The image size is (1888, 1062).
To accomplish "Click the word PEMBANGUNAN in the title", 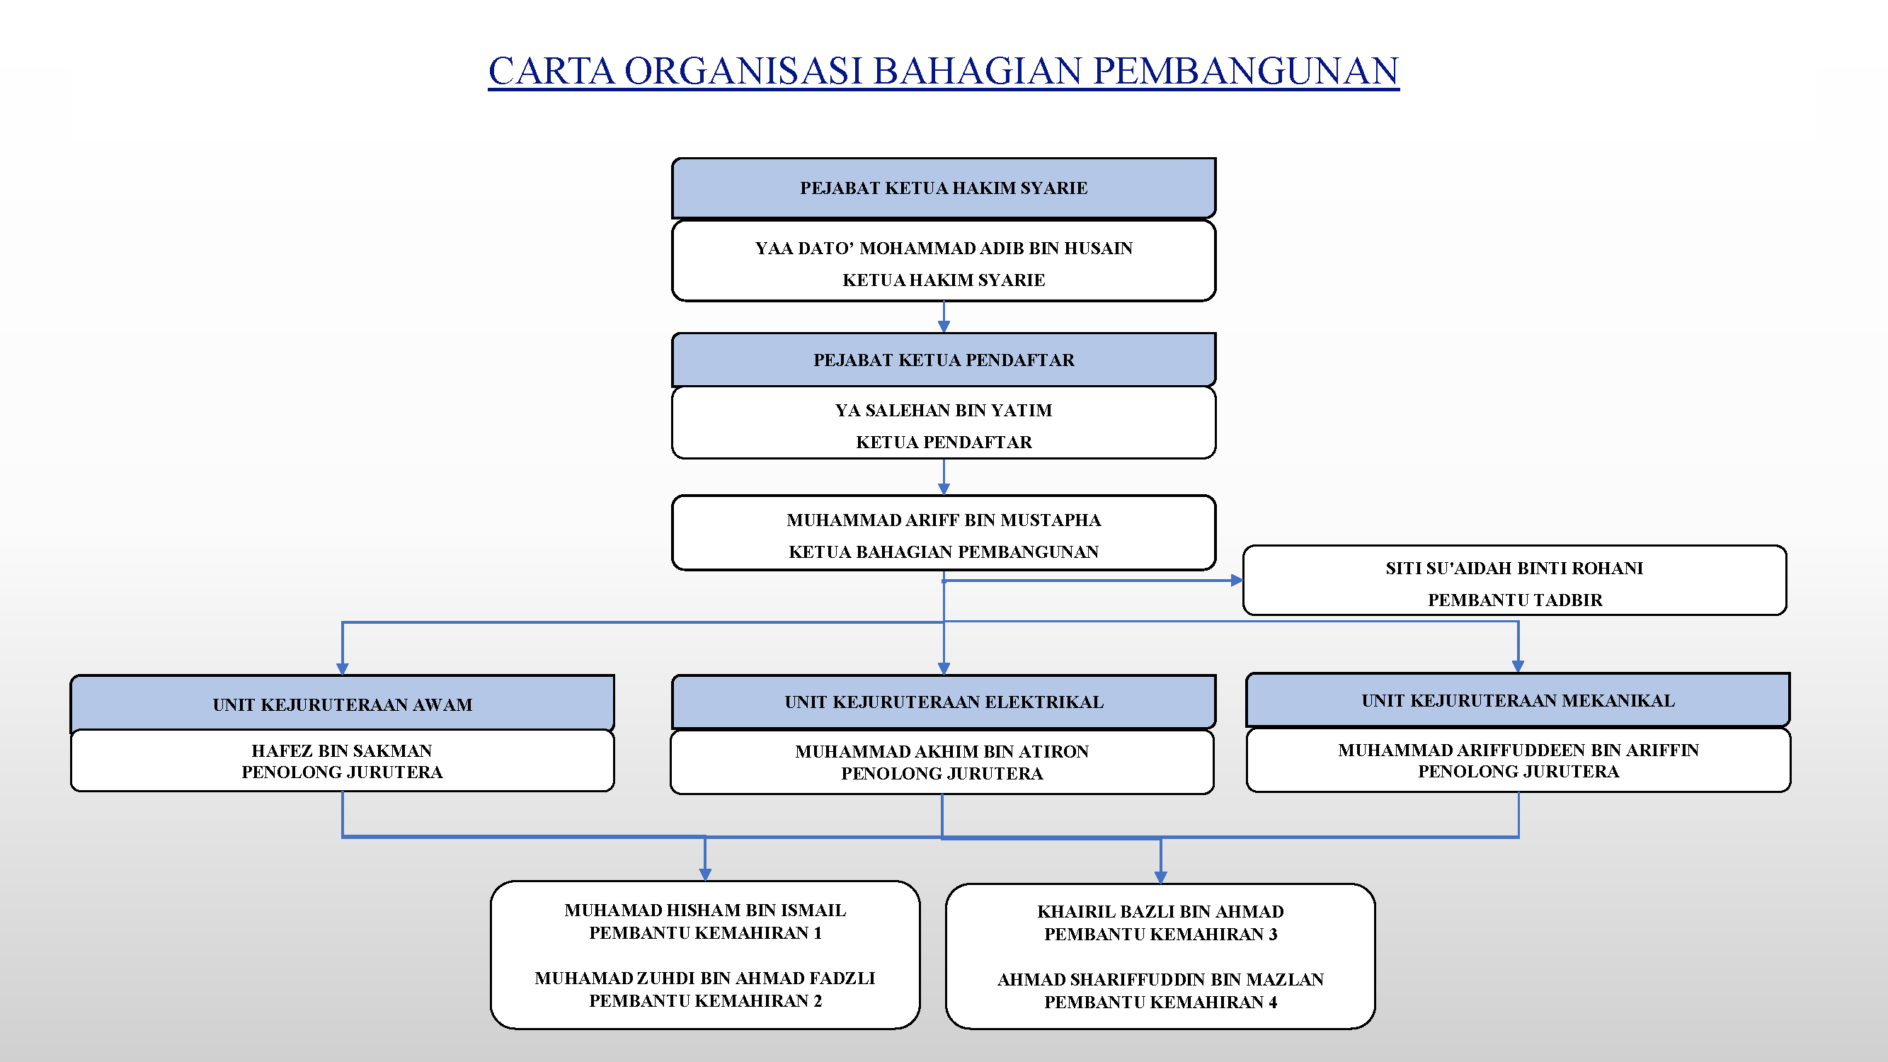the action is (x=1246, y=70).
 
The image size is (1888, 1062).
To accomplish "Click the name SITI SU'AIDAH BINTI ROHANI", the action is (x=1514, y=568).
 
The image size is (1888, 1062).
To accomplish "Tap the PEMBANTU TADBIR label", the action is (x=1515, y=600).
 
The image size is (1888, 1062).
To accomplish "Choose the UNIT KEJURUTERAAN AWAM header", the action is (x=342, y=704).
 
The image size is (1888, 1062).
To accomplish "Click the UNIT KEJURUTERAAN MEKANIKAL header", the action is (x=1518, y=700).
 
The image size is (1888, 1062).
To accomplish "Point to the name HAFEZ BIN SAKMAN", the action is (x=341, y=750).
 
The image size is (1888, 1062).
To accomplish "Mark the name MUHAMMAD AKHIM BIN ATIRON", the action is (x=942, y=751).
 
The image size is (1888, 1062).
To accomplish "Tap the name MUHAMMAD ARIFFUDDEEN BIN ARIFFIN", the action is (x=1518, y=750).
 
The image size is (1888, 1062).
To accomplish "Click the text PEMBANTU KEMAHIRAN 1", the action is (x=705, y=932).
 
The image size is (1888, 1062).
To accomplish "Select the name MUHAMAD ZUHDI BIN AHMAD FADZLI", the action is (x=705, y=978).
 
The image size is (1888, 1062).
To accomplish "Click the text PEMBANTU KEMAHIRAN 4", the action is (x=1160, y=1002).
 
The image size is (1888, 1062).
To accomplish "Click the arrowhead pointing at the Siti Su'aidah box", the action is (x=1237, y=581).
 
